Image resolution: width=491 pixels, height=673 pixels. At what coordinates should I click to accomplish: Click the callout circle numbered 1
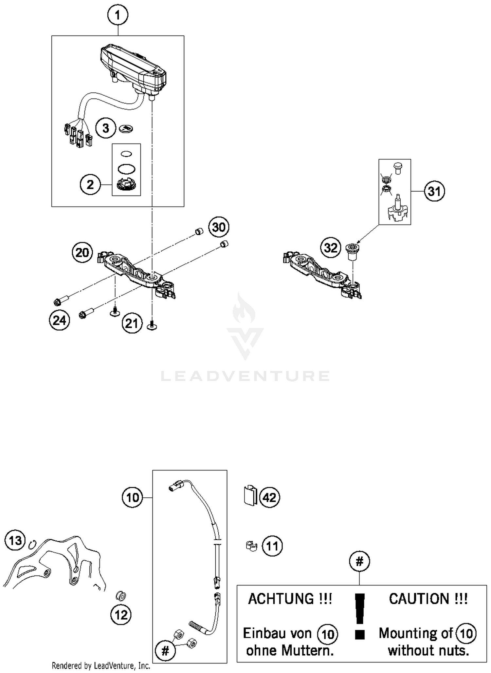118,15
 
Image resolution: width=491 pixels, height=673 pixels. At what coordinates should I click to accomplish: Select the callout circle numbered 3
106,128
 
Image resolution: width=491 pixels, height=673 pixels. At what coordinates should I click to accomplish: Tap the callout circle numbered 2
90,185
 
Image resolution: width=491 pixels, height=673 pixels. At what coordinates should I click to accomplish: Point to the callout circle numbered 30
219,227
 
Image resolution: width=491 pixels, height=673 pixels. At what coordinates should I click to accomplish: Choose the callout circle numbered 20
82,253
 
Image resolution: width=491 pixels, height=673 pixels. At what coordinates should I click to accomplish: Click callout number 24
60,320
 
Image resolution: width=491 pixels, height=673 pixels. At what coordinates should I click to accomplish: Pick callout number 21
132,323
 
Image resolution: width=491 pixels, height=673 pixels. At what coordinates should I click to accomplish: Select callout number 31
434,191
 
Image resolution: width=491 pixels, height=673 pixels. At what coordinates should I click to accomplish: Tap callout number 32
331,248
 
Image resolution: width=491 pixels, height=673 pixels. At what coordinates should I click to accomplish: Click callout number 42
270,498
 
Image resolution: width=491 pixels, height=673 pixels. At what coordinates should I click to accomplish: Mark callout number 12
121,615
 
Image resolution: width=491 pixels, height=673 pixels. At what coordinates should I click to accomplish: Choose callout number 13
15,540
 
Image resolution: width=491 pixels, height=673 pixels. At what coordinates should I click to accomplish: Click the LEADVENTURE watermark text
245,376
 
